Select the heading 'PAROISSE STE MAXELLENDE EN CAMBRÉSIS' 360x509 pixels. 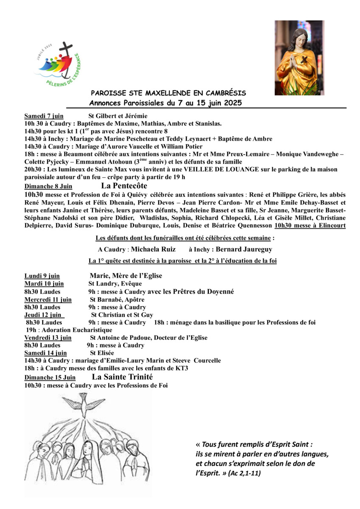coord(169,93)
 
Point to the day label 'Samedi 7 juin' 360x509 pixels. coord(44,116)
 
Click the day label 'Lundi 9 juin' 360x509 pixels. coord(42,276)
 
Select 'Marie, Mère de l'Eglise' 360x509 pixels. coord(126,276)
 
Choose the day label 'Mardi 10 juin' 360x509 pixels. coord(44,284)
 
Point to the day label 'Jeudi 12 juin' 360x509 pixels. coord(44,315)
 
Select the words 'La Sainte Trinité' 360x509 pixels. coord(122,377)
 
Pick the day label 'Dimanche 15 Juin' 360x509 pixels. coord(50,377)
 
